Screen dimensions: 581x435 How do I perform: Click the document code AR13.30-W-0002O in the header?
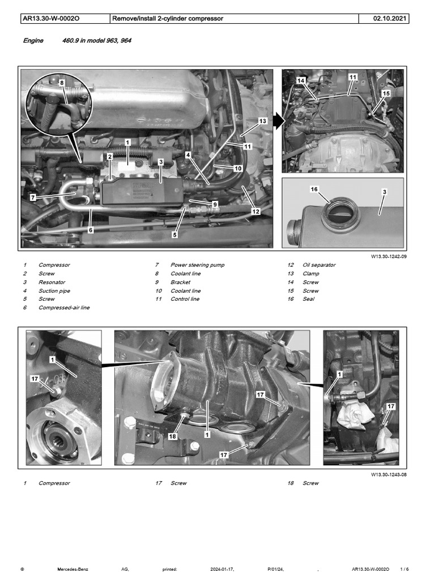pos(50,19)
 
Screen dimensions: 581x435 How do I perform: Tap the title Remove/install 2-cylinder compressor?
pos(168,19)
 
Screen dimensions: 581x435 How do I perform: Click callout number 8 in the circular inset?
pos(61,82)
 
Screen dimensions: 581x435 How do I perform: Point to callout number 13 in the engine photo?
pos(262,121)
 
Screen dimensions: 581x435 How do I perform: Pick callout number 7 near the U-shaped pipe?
pos(33,197)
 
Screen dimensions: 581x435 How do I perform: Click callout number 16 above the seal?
pos(314,189)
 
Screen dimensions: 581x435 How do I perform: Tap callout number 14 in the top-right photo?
pos(301,81)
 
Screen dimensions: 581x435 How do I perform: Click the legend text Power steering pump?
pos(197,265)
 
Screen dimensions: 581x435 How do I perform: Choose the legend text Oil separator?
pos(319,265)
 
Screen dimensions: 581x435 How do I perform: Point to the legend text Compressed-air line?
pos(63,308)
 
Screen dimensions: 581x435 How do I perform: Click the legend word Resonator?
pos(52,282)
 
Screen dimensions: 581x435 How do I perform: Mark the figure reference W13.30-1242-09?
pos(389,256)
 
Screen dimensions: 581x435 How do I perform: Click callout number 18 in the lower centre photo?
pos(172,436)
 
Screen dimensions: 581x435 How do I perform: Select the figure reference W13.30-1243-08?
pos(389,474)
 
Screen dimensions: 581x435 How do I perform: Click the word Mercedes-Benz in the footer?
pos(73,569)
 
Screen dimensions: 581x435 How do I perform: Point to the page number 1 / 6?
pos(404,569)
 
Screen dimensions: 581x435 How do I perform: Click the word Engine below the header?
pos(33,41)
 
